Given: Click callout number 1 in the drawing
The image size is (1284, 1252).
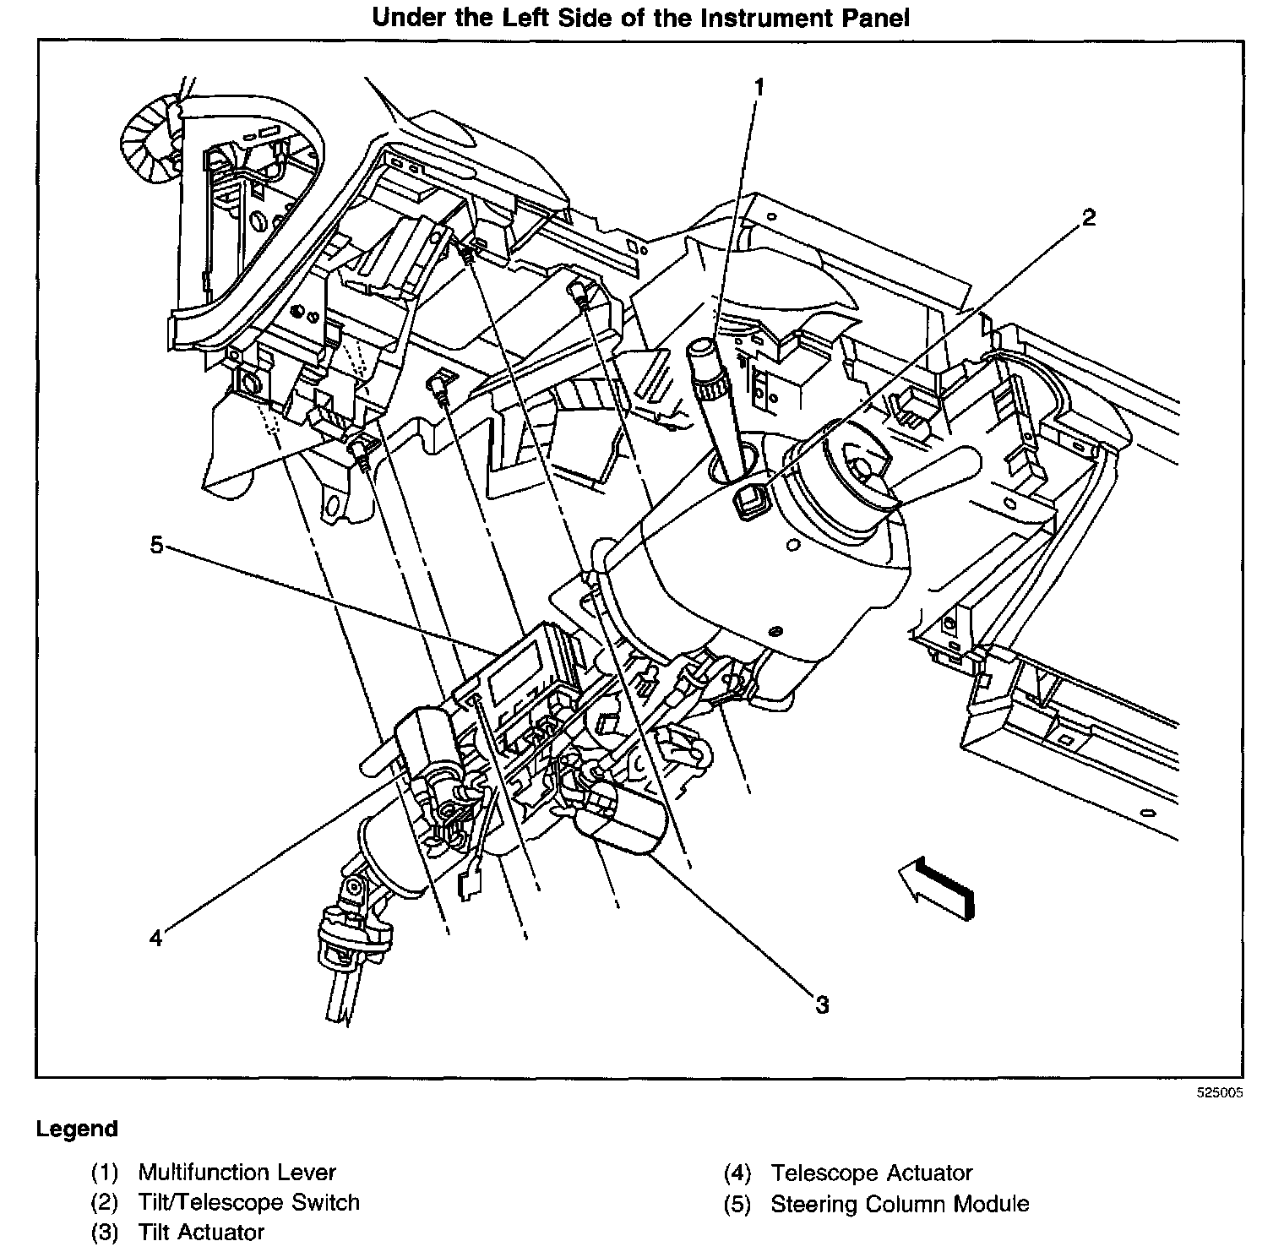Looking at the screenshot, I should pyautogui.click(x=759, y=87).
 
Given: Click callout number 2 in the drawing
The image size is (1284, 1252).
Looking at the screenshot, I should pyautogui.click(x=1089, y=218).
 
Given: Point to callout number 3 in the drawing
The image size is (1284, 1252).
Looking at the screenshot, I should pyautogui.click(x=821, y=1004).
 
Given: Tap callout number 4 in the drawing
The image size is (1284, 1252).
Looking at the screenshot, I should pyautogui.click(x=155, y=938).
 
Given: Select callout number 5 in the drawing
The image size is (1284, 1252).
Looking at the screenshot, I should pyautogui.click(x=155, y=546).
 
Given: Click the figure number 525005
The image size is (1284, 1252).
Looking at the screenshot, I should pyautogui.click(x=1219, y=1092).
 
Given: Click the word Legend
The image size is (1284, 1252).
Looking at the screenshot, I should pyautogui.click(x=77, y=1129).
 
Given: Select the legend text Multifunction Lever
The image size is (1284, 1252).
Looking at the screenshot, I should pyautogui.click(x=237, y=1173).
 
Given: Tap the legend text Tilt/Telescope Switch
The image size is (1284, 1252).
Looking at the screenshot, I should pyautogui.click(x=248, y=1202).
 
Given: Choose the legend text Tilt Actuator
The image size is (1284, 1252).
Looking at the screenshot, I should pyautogui.click(x=201, y=1233).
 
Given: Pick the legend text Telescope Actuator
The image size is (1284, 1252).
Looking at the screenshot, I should pyautogui.click(x=871, y=1173).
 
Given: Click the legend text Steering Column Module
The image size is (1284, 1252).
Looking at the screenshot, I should pyautogui.click(x=900, y=1204).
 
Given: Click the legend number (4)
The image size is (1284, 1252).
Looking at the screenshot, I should pyautogui.click(x=737, y=1173).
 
